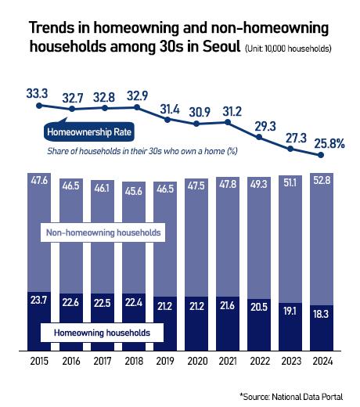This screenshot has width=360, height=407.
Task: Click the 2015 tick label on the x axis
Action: click(x=37, y=362)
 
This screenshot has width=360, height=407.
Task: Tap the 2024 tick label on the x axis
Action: click(x=321, y=362)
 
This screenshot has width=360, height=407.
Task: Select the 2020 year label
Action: click(x=196, y=362)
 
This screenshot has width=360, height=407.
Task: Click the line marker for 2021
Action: click(x=228, y=122)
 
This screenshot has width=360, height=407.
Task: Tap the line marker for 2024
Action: click(x=321, y=155)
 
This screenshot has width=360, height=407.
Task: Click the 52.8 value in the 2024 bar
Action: click(x=321, y=182)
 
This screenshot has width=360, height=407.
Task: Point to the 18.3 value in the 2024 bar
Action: click(x=321, y=312)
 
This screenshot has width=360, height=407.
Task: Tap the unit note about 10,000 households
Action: click(x=288, y=49)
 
